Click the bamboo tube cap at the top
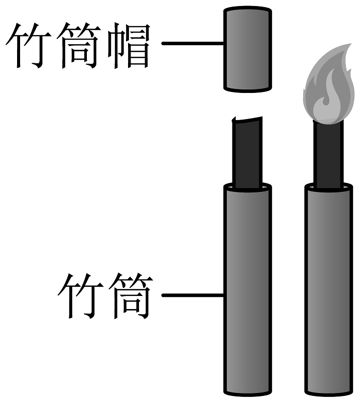click(247, 49)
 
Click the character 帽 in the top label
click(128, 48)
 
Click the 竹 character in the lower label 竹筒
click(80, 296)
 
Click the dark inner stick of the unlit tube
click(247, 153)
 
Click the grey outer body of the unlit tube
click(247, 291)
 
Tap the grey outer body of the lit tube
click(328, 291)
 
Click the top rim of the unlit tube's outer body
click(247, 188)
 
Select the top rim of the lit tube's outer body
click(328, 188)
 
